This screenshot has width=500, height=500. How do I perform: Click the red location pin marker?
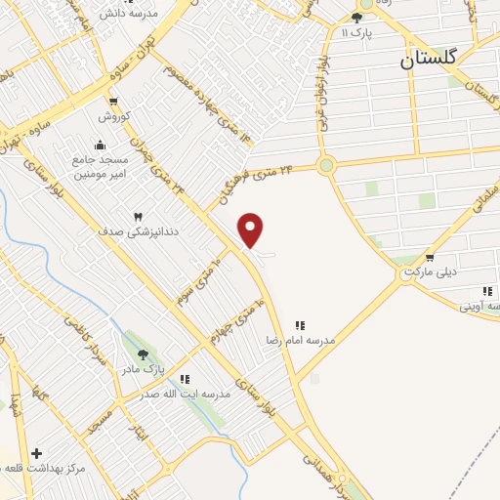(251, 229)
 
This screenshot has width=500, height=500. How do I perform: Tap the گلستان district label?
(429, 59)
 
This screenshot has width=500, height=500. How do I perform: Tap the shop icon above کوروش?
(113, 102)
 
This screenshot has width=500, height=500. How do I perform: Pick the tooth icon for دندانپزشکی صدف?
(137, 216)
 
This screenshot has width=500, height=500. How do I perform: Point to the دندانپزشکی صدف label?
(115, 232)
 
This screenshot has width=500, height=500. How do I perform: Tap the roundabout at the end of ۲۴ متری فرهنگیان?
(326, 165)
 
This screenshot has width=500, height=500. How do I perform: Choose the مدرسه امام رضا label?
(301, 341)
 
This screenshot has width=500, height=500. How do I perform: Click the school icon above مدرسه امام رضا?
(301, 325)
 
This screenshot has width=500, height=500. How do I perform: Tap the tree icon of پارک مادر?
(144, 355)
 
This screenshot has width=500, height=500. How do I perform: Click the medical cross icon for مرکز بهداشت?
(36, 453)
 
